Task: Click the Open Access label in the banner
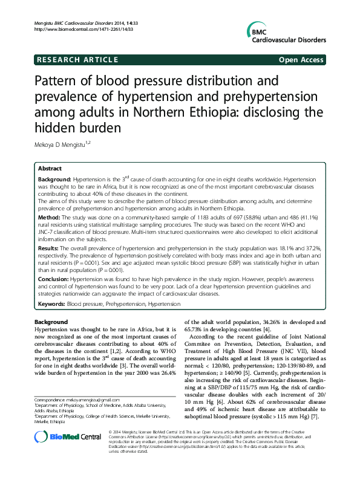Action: tap(302, 60)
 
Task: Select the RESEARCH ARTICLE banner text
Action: tap(77, 60)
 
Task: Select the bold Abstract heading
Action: tap(50, 169)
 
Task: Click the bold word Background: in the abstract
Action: tap(55, 180)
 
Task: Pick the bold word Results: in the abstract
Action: tap(50, 248)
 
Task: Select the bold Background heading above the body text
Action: tap(51, 322)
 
